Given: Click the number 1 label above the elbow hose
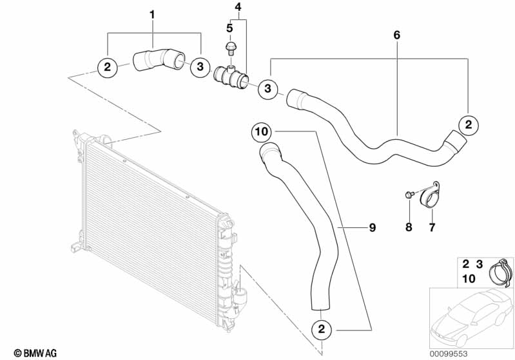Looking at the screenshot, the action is point(152,14).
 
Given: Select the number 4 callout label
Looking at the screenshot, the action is point(238,7).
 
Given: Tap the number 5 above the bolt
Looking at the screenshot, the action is point(229,28).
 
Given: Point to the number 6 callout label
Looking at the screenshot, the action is point(397,35).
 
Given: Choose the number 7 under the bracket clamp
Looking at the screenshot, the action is point(432,227).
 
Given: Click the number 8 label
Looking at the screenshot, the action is point(409,227).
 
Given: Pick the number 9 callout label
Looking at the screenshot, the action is point(372,227).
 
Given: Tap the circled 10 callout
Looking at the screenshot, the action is point(262,132).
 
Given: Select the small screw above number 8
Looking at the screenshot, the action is point(408,194).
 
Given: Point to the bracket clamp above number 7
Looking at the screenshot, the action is point(430,196).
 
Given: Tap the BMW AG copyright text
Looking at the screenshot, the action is point(35,353).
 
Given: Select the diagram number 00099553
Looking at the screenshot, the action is point(449,354).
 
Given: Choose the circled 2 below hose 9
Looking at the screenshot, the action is point(322,329).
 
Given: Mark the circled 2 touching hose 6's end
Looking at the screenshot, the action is point(469,125).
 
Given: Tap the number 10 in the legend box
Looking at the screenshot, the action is point(469,279).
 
